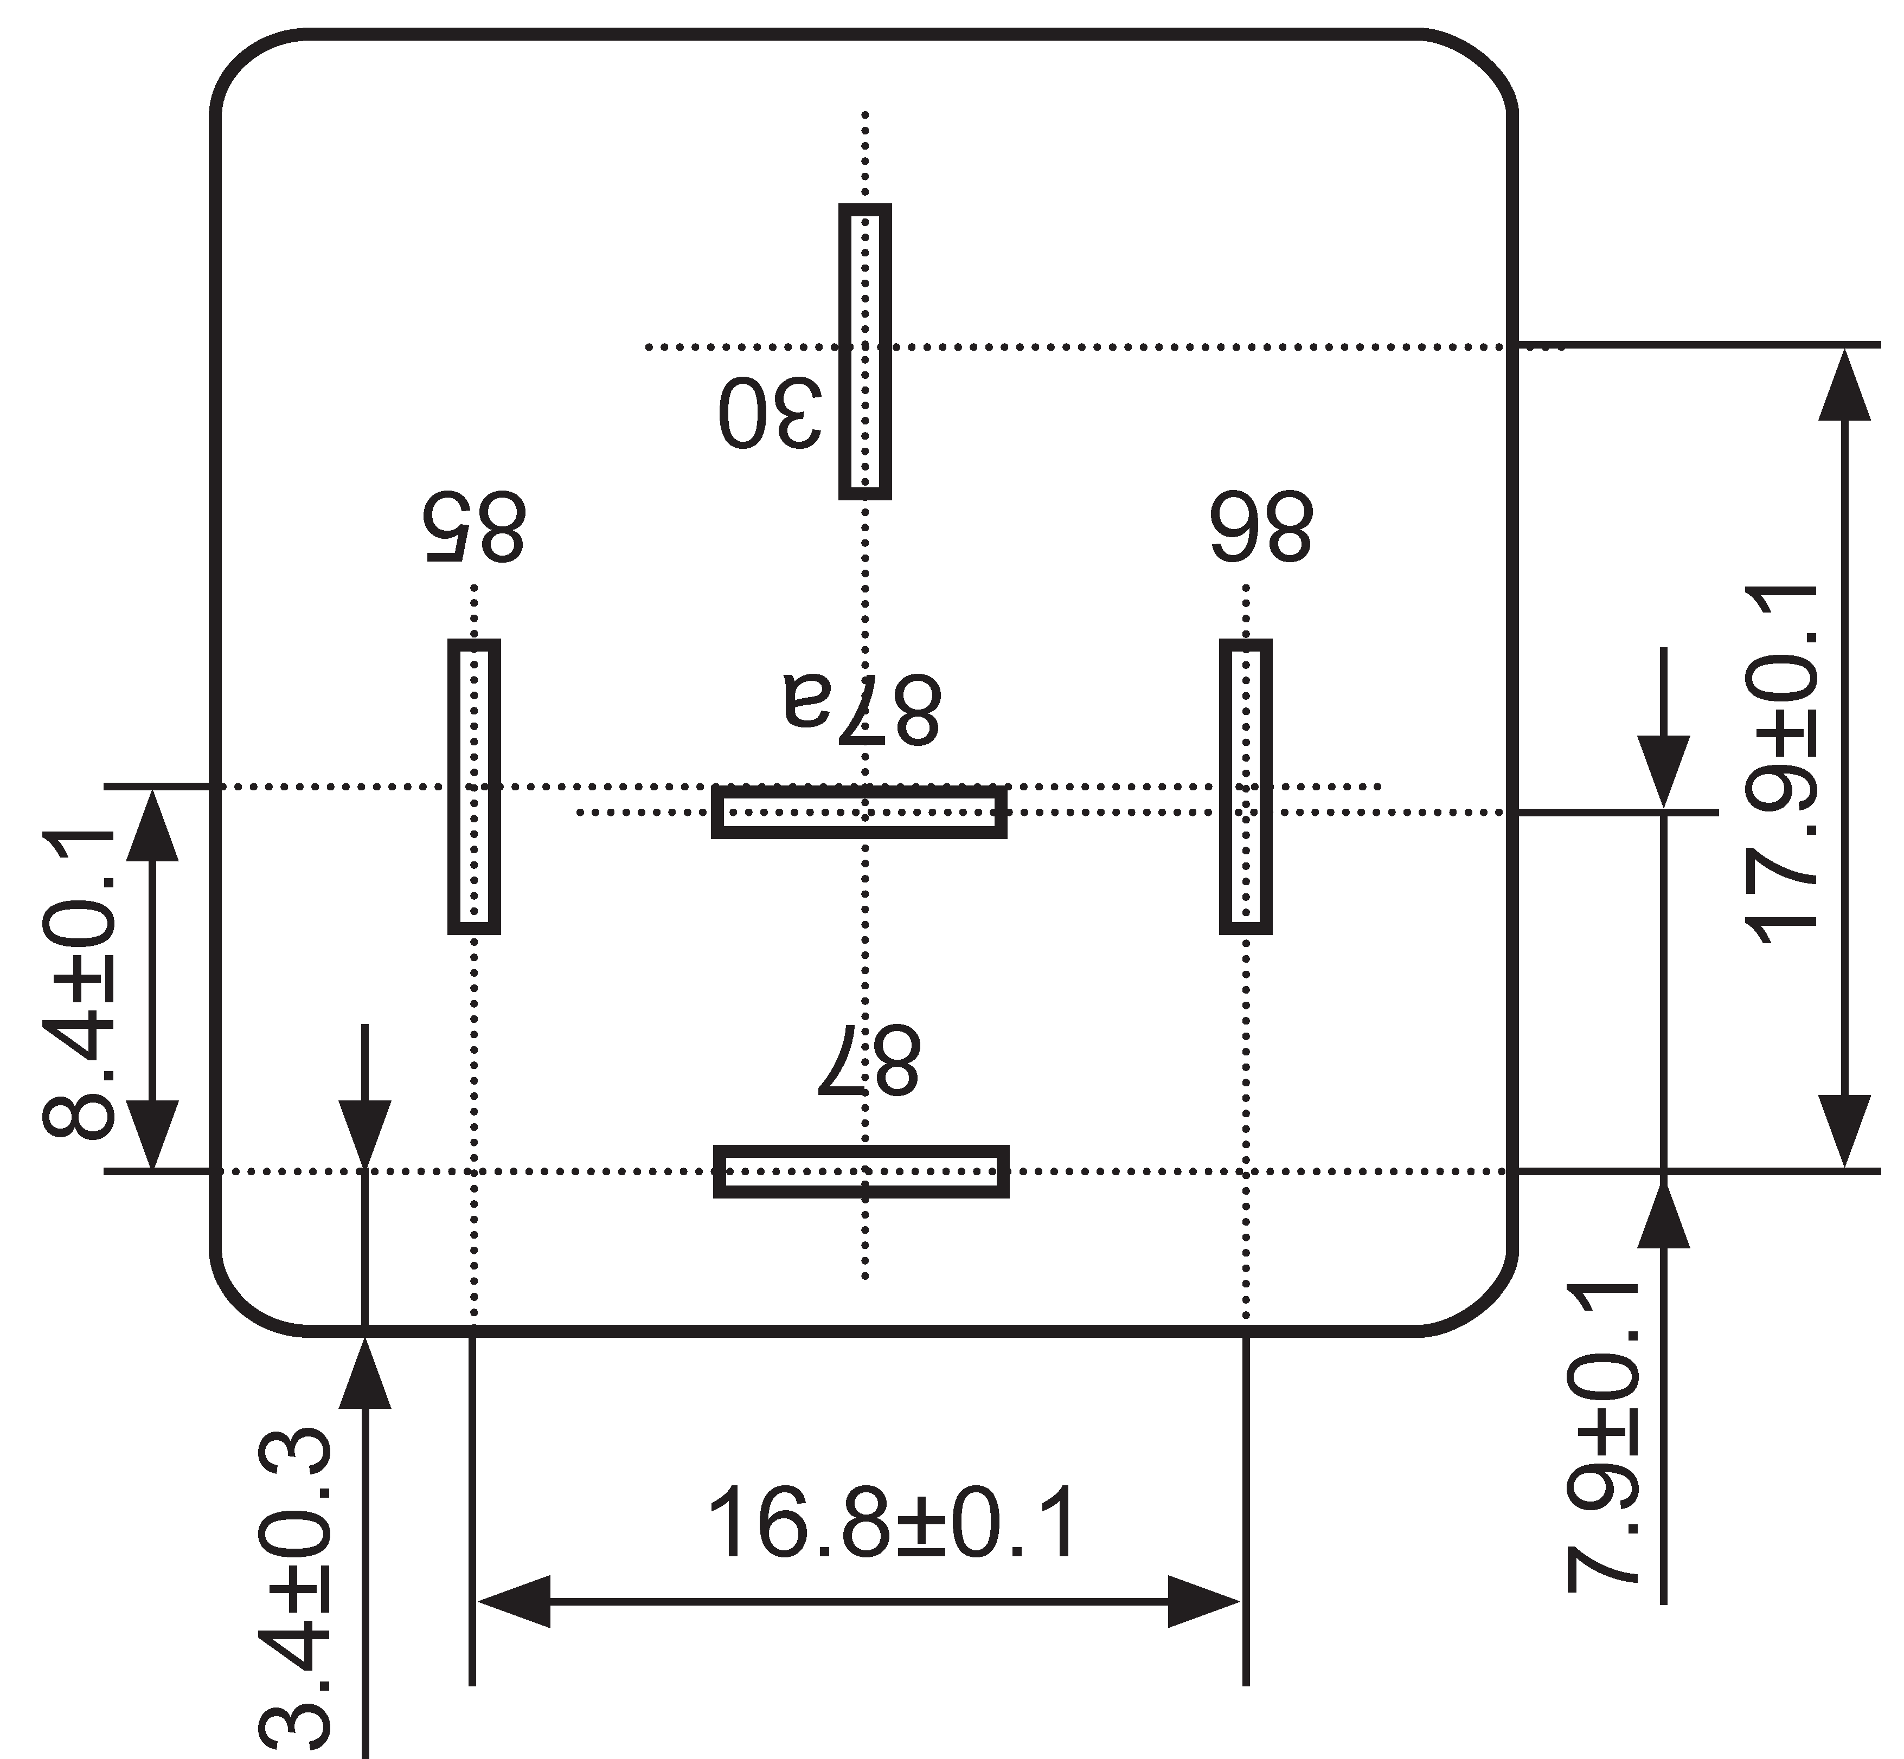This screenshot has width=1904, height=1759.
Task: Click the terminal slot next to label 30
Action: point(864,351)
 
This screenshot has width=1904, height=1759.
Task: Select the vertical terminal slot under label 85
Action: point(473,786)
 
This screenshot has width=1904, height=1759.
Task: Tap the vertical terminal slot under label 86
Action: point(1245,786)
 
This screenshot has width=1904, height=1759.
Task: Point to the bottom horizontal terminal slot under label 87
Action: point(861,1171)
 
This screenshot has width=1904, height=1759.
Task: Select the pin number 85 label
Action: point(473,526)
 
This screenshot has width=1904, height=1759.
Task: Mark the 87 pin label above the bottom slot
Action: point(868,1059)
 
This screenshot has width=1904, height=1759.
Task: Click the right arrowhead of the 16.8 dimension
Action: point(1204,1601)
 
